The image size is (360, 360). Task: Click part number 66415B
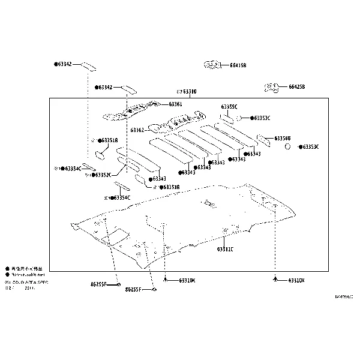pyautogui.click(x=238, y=65)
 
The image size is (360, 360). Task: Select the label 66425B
pyautogui.click(x=296, y=87)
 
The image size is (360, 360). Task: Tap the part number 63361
pyautogui.click(x=175, y=104)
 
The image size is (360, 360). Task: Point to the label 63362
pyautogui.click(x=137, y=130)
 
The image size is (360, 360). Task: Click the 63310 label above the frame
pyautogui.click(x=189, y=92)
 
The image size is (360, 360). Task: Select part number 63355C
pyautogui.click(x=229, y=107)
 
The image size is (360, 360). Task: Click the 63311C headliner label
pyautogui.click(x=225, y=248)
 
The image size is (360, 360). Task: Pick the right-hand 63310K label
pyautogui.click(x=296, y=280)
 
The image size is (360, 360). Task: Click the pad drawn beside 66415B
pyautogui.click(x=212, y=64)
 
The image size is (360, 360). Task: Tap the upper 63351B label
pyautogui.click(x=109, y=140)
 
